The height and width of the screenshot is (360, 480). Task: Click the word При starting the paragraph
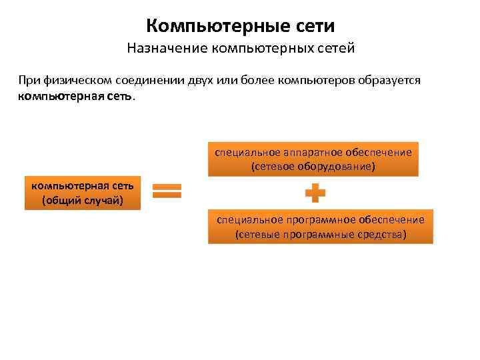[29, 80]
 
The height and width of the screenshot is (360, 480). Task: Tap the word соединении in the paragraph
[143, 80]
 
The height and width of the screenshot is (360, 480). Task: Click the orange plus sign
[315, 194]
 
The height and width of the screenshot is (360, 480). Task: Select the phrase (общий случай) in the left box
[83, 200]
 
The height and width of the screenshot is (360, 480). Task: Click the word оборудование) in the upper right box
[339, 167]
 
